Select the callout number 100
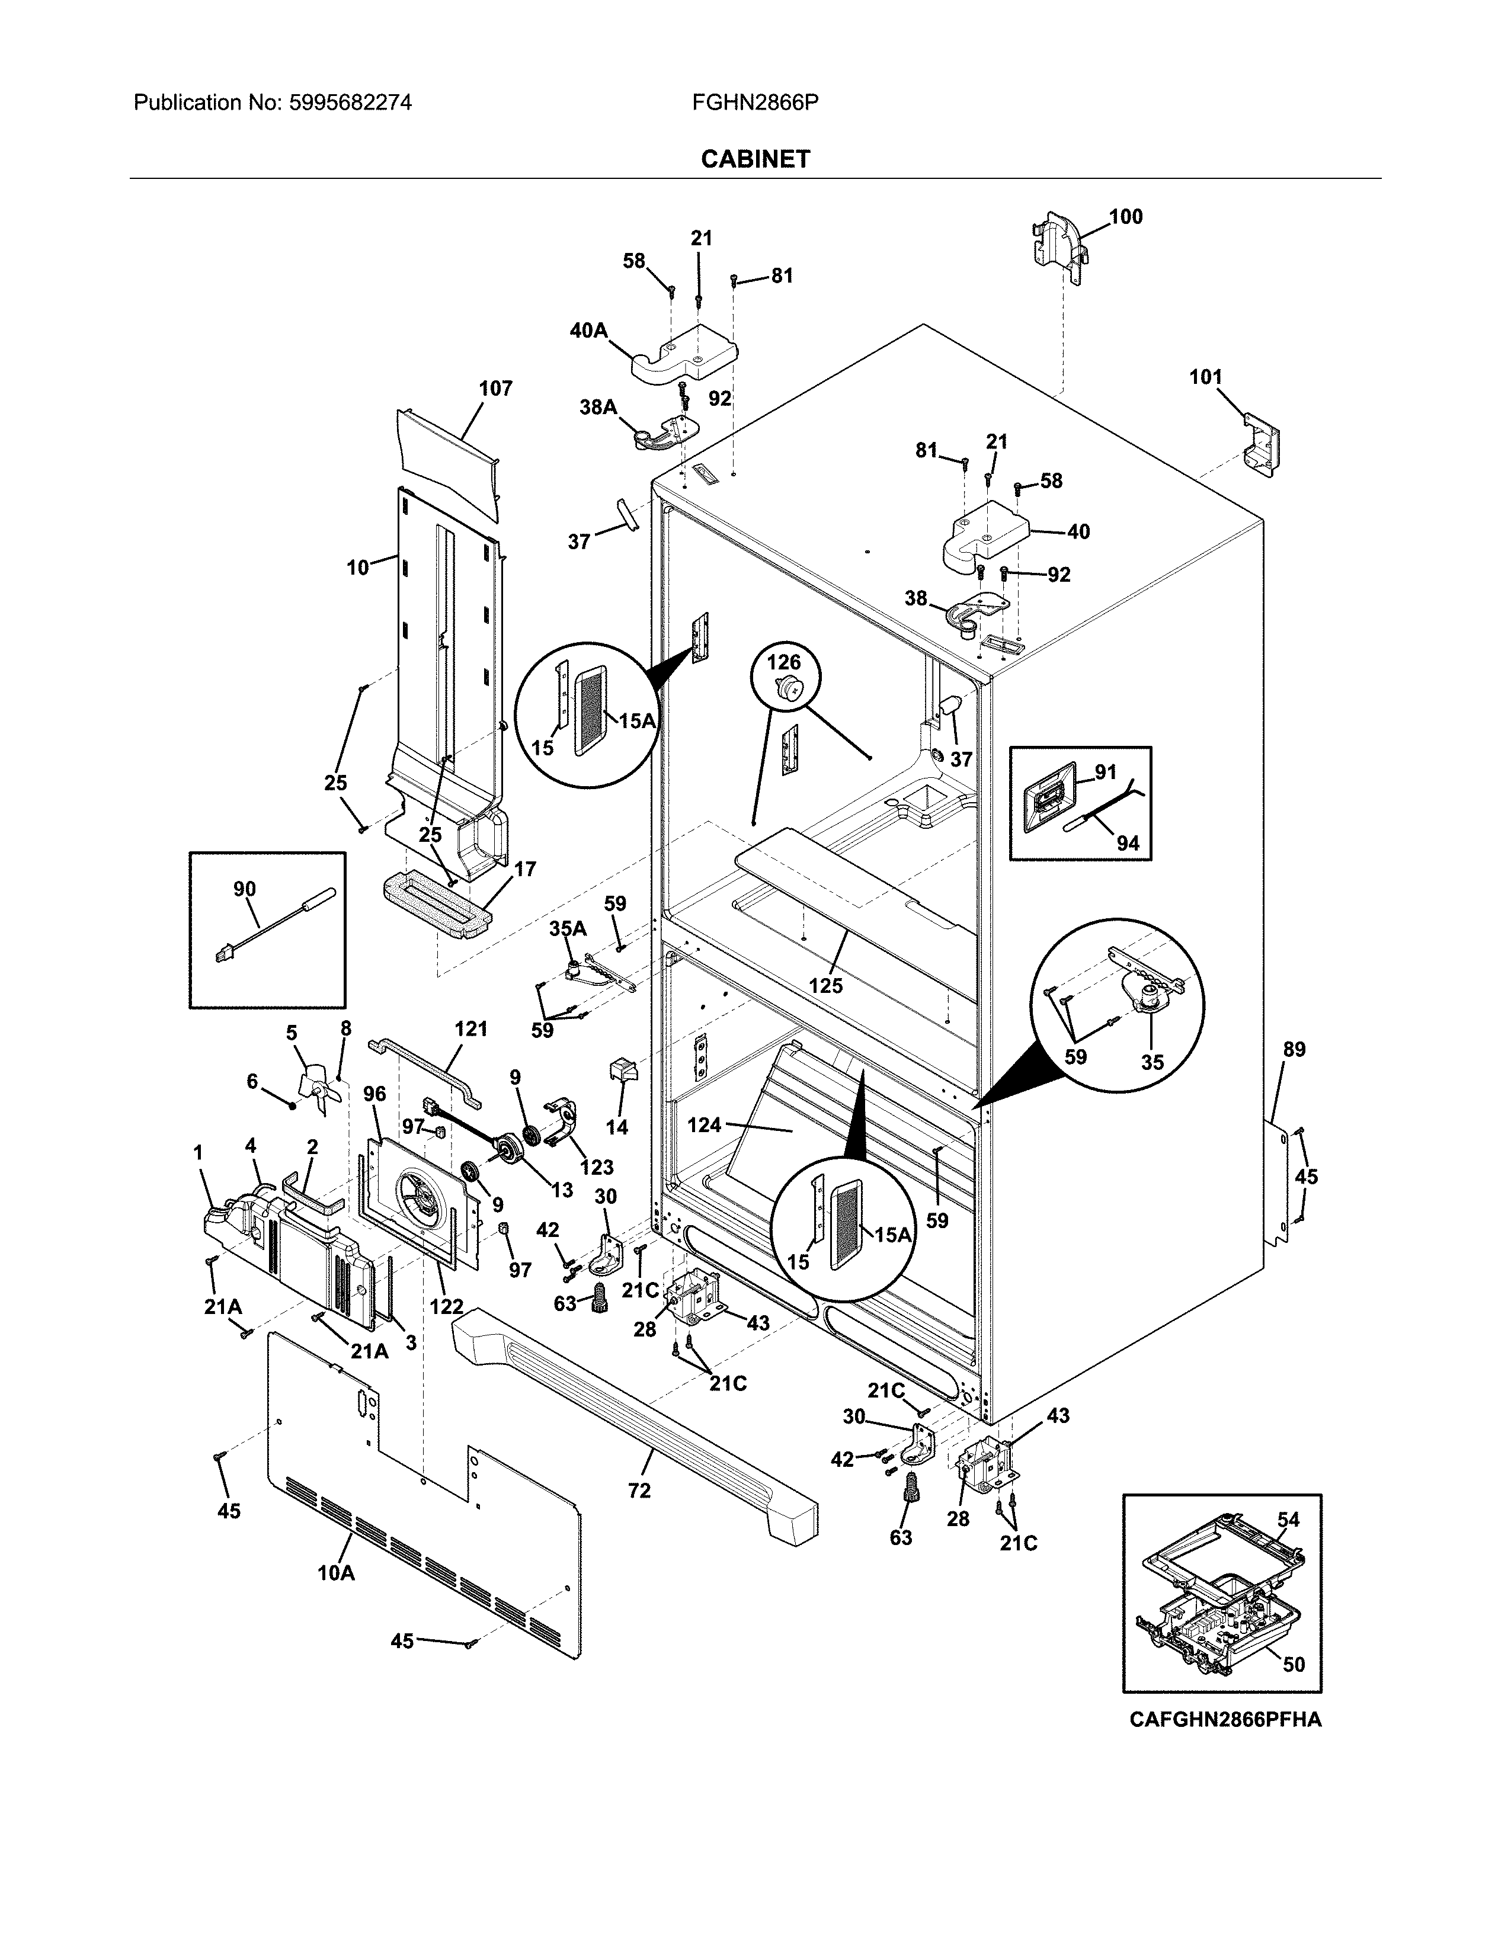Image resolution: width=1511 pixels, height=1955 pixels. [1126, 217]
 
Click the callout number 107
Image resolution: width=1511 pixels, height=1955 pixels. [495, 389]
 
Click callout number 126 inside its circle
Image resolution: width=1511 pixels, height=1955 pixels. [783, 662]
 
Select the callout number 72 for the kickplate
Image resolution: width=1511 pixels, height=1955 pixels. [639, 1491]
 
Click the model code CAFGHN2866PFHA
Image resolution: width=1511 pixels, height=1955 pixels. [1225, 1720]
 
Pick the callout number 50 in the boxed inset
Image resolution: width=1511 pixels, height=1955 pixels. [1294, 1664]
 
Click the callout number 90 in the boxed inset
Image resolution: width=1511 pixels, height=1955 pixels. [244, 889]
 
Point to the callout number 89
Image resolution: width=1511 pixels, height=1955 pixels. [1294, 1049]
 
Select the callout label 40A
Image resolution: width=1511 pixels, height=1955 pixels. [588, 331]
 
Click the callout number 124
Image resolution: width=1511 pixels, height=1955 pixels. [705, 1124]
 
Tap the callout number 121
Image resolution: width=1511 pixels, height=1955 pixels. [471, 1028]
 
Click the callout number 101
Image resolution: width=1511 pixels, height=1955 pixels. [1205, 377]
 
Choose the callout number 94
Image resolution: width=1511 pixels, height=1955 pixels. [1128, 842]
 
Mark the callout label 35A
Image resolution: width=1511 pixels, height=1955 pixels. [568, 928]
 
